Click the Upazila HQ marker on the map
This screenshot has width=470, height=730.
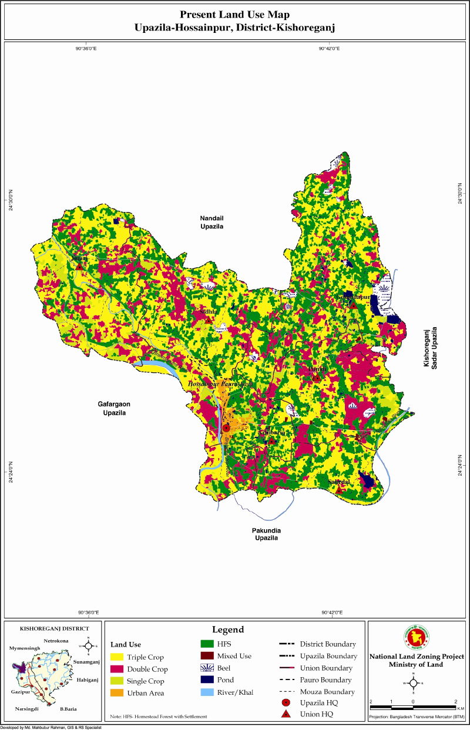(x=226, y=428)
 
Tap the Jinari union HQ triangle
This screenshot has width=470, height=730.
(x=79, y=266)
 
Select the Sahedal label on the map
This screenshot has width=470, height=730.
(x=339, y=482)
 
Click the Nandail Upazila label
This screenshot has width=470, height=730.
(x=212, y=222)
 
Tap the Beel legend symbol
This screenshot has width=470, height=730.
(x=206, y=668)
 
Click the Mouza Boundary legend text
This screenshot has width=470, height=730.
(x=327, y=692)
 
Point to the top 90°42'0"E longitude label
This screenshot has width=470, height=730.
(x=331, y=49)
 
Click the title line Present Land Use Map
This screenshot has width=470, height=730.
(x=234, y=14)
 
